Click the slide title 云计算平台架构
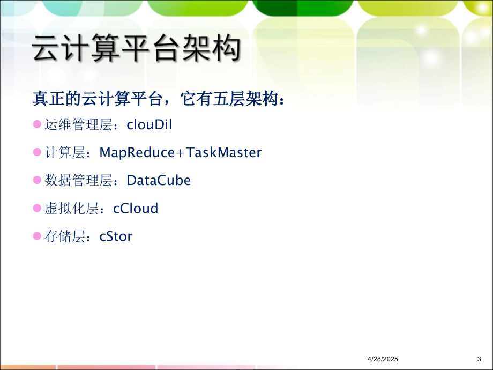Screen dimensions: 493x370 [137, 48]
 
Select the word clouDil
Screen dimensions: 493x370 [150, 124]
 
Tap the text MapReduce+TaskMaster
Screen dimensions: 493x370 [181, 153]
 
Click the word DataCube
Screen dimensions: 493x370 [159, 180]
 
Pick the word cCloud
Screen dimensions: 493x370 [136, 208]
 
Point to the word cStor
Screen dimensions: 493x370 [116, 236]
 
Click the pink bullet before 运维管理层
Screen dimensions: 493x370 [37, 124]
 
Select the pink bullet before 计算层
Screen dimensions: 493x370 [37, 152]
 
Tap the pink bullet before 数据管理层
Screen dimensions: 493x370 [37, 180]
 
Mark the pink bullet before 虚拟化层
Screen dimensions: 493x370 [37, 208]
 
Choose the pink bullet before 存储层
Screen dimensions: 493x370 [37, 236]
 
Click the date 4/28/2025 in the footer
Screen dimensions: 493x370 [383, 359]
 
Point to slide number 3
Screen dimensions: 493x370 [479, 359]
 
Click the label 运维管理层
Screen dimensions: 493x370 [79, 124]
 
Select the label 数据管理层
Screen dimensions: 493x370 [79, 180]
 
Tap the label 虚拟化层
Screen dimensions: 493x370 [72, 208]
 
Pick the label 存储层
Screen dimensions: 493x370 [65, 236]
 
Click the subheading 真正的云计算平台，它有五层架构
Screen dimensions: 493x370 [155, 99]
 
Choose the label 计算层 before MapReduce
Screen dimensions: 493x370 [65, 153]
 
